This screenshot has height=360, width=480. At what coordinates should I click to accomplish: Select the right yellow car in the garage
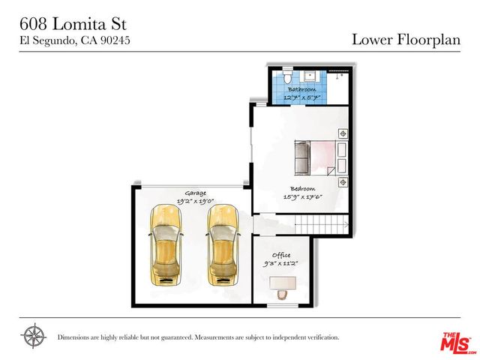point(222,246)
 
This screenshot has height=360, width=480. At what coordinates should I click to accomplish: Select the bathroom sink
point(309,76)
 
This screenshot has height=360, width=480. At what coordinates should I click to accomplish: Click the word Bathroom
point(301,89)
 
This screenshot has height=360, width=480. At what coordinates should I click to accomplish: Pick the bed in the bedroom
point(315,157)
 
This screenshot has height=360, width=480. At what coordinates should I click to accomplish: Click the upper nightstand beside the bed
point(343,133)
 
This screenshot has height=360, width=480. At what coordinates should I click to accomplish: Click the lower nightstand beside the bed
point(343,182)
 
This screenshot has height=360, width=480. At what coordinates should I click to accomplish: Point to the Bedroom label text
point(302,188)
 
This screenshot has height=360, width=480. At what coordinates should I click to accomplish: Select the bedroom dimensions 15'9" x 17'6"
point(302,197)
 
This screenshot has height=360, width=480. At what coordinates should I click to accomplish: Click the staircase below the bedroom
point(321,223)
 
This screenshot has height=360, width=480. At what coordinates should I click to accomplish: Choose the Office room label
point(281,255)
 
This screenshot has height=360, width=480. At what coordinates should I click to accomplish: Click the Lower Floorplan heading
point(406,39)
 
